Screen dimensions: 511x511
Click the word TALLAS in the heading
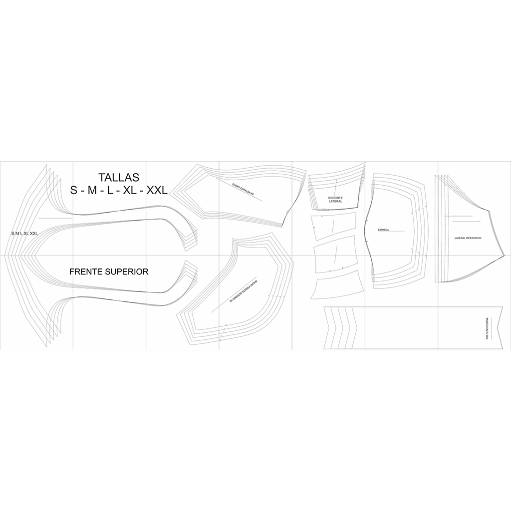click(119, 177)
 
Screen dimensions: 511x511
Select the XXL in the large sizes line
click(156, 190)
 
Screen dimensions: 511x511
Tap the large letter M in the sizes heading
click(92, 190)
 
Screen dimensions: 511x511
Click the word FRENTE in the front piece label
click(87, 271)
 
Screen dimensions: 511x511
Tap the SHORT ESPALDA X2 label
click(243, 189)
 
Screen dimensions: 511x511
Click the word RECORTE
click(335, 198)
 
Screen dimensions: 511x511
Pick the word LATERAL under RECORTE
click(335, 201)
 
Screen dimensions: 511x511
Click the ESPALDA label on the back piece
click(383, 230)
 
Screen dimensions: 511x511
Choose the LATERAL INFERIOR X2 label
click(468, 239)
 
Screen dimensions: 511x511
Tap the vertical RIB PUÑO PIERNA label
click(487, 328)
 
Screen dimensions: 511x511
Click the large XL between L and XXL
click(129, 190)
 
